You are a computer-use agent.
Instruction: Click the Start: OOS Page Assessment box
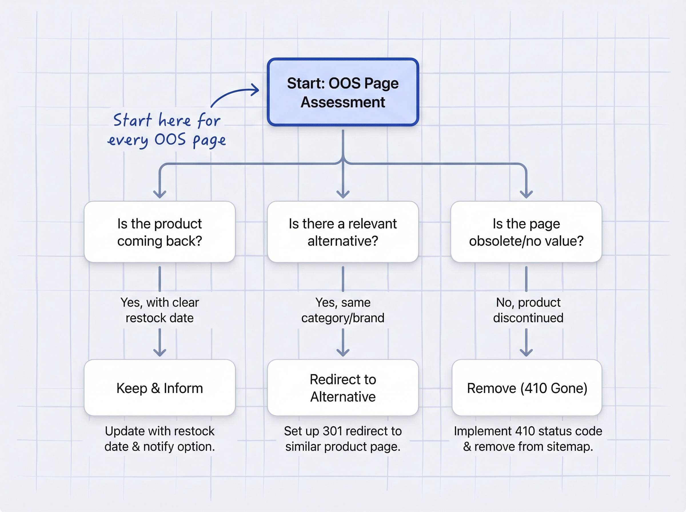pyautogui.click(x=343, y=92)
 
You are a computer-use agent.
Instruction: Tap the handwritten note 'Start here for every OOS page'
pyautogui.click(x=167, y=130)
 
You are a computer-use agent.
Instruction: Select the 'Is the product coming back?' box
pyautogui.click(x=160, y=232)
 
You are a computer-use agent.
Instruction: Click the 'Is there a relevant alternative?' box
pyautogui.click(x=343, y=232)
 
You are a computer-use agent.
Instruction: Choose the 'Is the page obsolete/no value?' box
pyautogui.click(x=526, y=232)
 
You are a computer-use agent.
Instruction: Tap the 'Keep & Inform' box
pyautogui.click(x=160, y=388)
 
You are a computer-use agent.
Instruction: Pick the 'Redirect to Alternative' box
pyautogui.click(x=343, y=388)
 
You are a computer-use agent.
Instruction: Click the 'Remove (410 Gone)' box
pyautogui.click(x=527, y=388)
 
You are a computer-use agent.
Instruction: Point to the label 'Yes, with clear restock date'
pyautogui.click(x=160, y=310)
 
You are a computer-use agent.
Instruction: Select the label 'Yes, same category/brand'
pyautogui.click(x=343, y=310)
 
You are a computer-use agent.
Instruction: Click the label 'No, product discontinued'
pyautogui.click(x=528, y=310)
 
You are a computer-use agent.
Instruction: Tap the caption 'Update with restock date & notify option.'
pyautogui.click(x=160, y=439)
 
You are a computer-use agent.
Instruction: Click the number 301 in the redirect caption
pyautogui.click(x=333, y=431)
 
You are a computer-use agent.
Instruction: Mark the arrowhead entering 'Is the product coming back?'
pyautogui.click(x=160, y=195)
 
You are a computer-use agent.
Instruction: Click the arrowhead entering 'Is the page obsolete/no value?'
pyautogui.click(x=526, y=195)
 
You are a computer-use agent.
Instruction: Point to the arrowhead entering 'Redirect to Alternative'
pyautogui.click(x=343, y=353)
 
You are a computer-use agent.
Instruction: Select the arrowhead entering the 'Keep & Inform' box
pyautogui.click(x=160, y=353)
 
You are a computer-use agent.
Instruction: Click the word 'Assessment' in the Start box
pyautogui.click(x=343, y=102)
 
